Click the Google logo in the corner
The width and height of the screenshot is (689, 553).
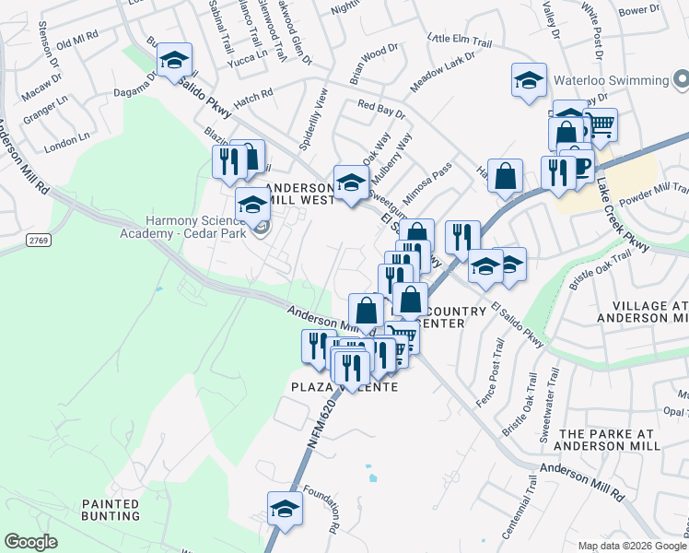point(30,542)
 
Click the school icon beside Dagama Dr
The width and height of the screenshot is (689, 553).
point(174,60)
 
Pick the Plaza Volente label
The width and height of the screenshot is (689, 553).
point(344,387)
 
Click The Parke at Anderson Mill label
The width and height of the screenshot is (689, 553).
point(610,440)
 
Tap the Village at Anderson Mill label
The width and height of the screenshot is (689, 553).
point(642,312)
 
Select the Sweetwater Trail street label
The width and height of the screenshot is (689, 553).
point(550,403)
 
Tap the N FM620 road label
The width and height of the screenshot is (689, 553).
point(317,425)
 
